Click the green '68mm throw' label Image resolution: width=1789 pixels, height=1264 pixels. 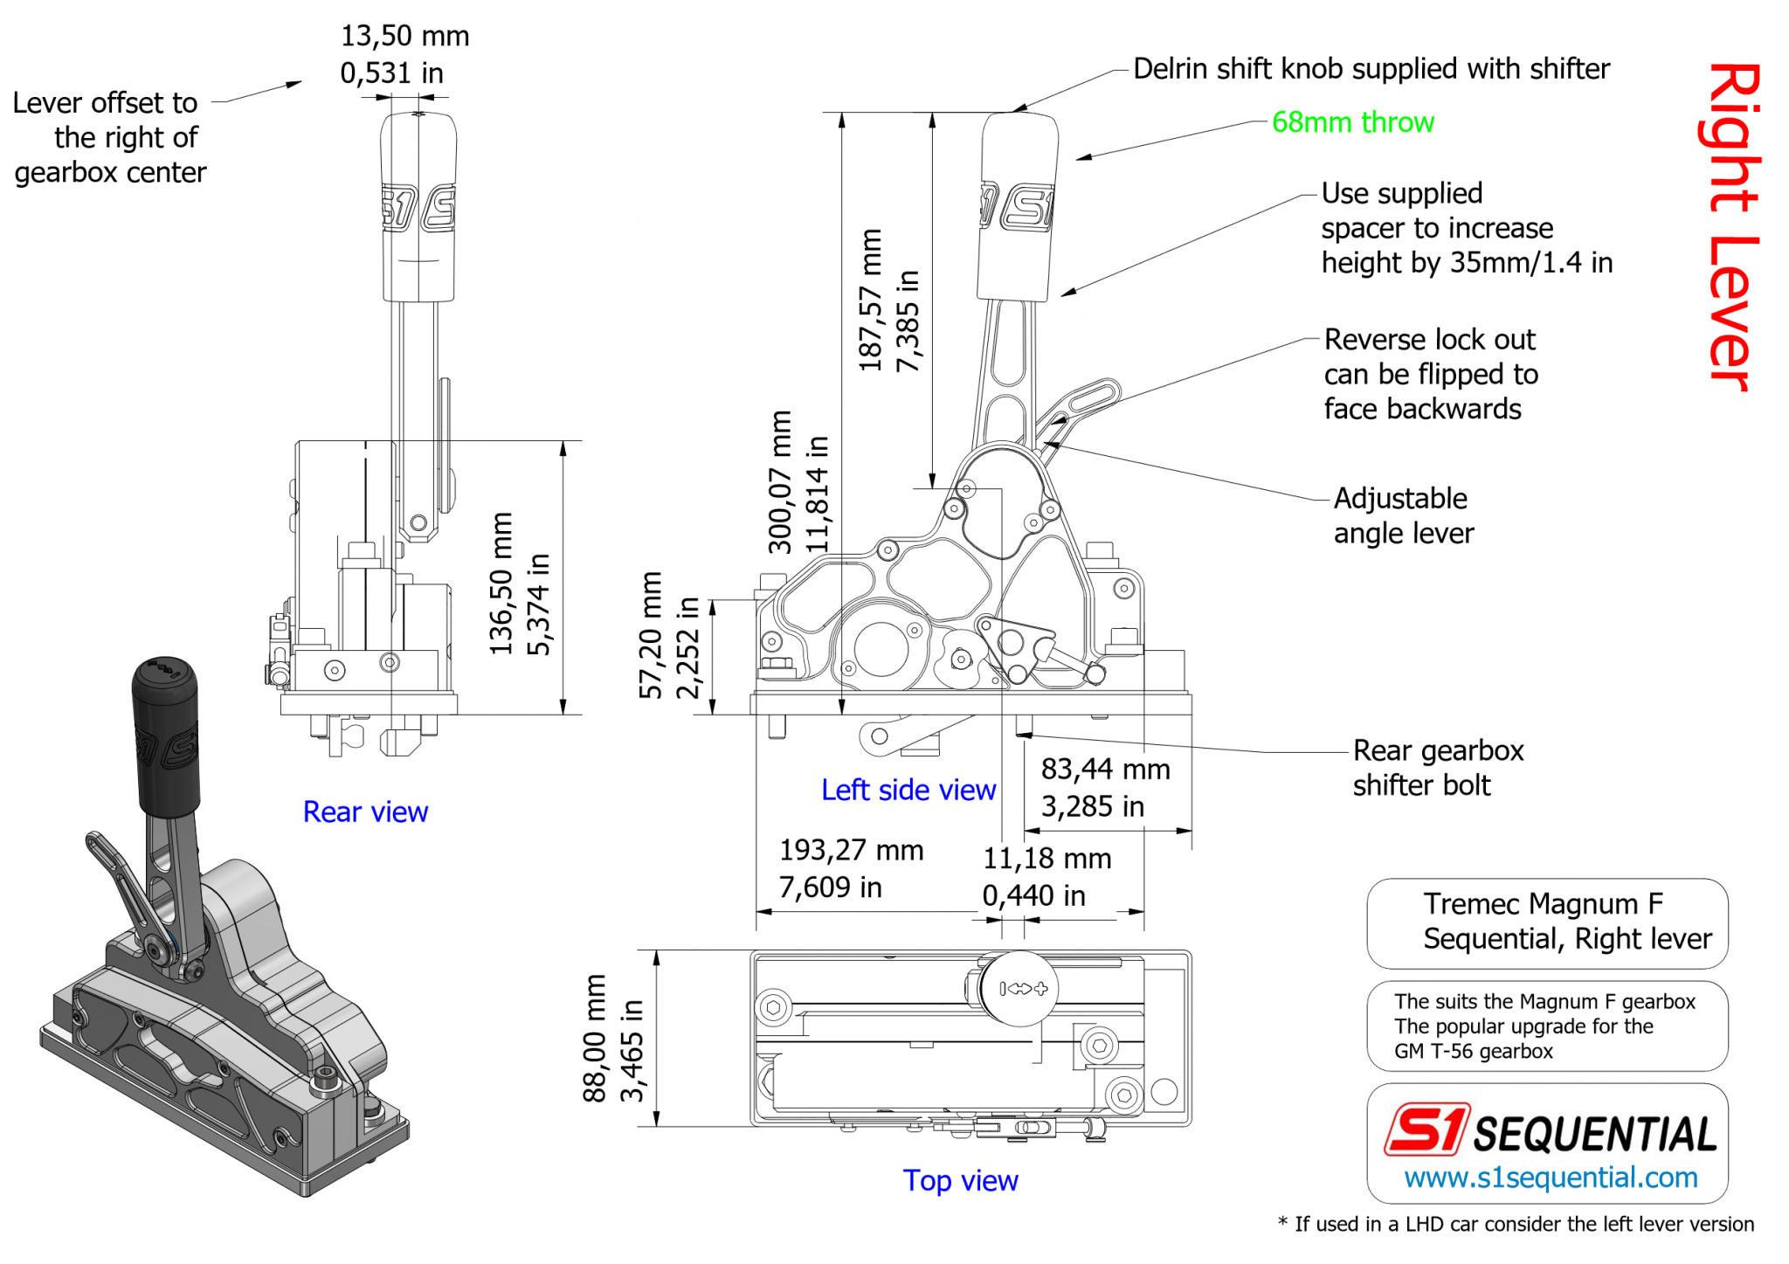tap(1352, 122)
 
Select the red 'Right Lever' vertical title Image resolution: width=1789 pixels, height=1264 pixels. tap(1732, 227)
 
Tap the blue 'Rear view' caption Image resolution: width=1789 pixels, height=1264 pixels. tap(365, 812)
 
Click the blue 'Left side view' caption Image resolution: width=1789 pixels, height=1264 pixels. tap(908, 790)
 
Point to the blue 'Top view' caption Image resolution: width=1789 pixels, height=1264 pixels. tap(960, 1180)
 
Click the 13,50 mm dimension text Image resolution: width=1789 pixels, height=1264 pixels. tap(404, 37)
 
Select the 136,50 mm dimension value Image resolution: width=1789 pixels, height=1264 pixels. tap(501, 583)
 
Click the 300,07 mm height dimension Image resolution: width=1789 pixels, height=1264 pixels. tap(779, 482)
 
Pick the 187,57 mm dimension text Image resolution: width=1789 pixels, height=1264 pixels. tap(871, 300)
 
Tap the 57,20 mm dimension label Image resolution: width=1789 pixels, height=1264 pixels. tap(651, 635)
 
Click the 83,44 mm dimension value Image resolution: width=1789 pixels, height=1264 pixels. tap(1105, 770)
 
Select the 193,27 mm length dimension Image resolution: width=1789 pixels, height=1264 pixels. tap(851, 850)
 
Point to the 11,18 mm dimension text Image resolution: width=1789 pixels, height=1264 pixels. tap(1046, 859)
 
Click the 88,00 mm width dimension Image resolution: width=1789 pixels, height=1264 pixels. tap(595, 1039)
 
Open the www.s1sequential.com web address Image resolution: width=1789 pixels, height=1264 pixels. tap(1551, 1178)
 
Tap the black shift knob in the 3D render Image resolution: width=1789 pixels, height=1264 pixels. tap(166, 734)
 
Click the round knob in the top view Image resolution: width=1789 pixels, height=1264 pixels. tap(1019, 989)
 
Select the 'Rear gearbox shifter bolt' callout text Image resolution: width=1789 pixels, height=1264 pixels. tap(1437, 768)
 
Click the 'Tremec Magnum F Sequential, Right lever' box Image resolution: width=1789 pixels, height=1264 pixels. tap(1547, 922)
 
